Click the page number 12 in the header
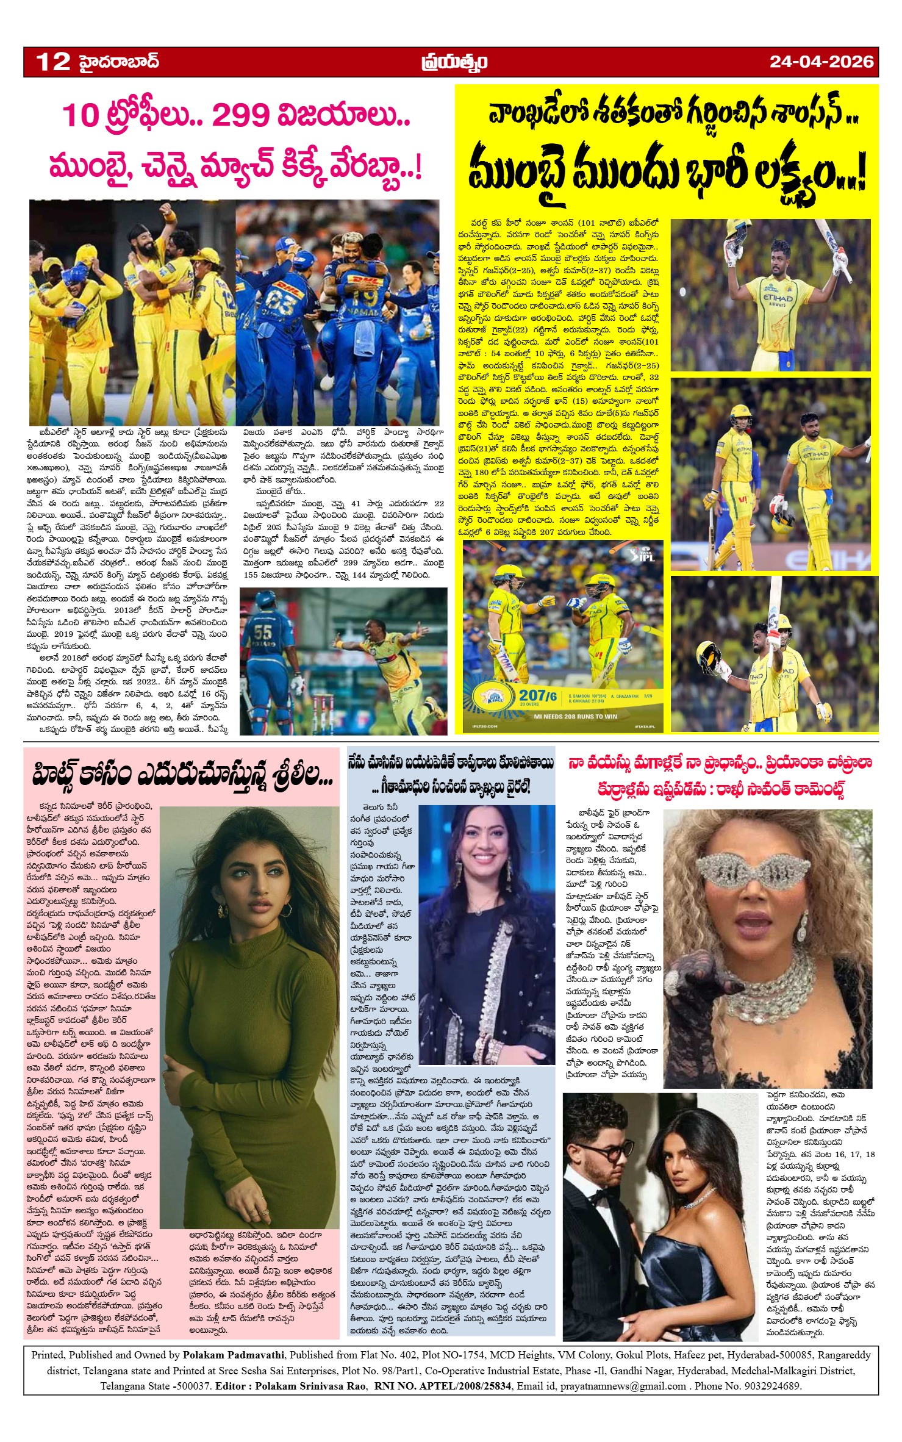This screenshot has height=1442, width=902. coord(54,62)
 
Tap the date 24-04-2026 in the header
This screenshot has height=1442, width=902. coord(821,62)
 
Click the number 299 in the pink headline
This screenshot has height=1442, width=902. coord(241,115)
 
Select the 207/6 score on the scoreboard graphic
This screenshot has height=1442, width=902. coord(537,696)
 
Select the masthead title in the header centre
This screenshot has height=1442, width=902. coord(454,62)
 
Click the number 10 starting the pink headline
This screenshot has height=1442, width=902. coord(80,116)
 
